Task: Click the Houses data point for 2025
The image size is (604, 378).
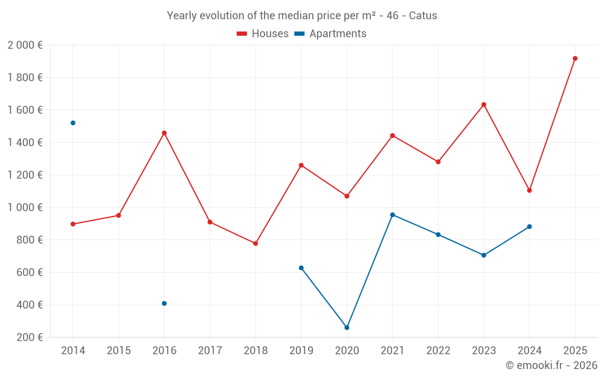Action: pyautogui.click(x=575, y=59)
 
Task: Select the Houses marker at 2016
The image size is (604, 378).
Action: pyautogui.click(x=164, y=133)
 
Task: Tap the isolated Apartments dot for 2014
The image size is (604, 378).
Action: pyautogui.click(x=73, y=123)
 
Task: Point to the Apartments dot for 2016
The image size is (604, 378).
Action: pyautogui.click(x=164, y=304)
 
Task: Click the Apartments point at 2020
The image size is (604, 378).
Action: pyautogui.click(x=347, y=328)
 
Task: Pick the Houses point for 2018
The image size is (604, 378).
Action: pyautogui.click(x=255, y=244)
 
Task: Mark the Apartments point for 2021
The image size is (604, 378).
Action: pyautogui.click(x=393, y=215)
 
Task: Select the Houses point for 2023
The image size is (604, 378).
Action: pyautogui.click(x=484, y=105)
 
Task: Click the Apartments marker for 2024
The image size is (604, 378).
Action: pyautogui.click(x=530, y=227)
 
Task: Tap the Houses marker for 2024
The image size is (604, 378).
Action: pyautogui.click(x=530, y=191)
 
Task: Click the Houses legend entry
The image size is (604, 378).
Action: pyautogui.click(x=263, y=34)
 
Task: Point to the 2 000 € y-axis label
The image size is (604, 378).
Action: pyautogui.click(x=25, y=45)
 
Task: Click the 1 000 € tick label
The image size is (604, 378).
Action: pyautogui.click(x=25, y=207)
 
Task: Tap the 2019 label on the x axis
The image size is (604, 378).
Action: pyautogui.click(x=301, y=351)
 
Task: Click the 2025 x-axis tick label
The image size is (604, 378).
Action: pyautogui.click(x=575, y=351)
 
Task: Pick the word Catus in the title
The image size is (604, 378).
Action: pyautogui.click(x=423, y=16)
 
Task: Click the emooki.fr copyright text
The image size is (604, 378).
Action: pyautogui.click(x=551, y=365)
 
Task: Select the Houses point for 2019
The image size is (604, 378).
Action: pyautogui.click(x=301, y=165)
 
